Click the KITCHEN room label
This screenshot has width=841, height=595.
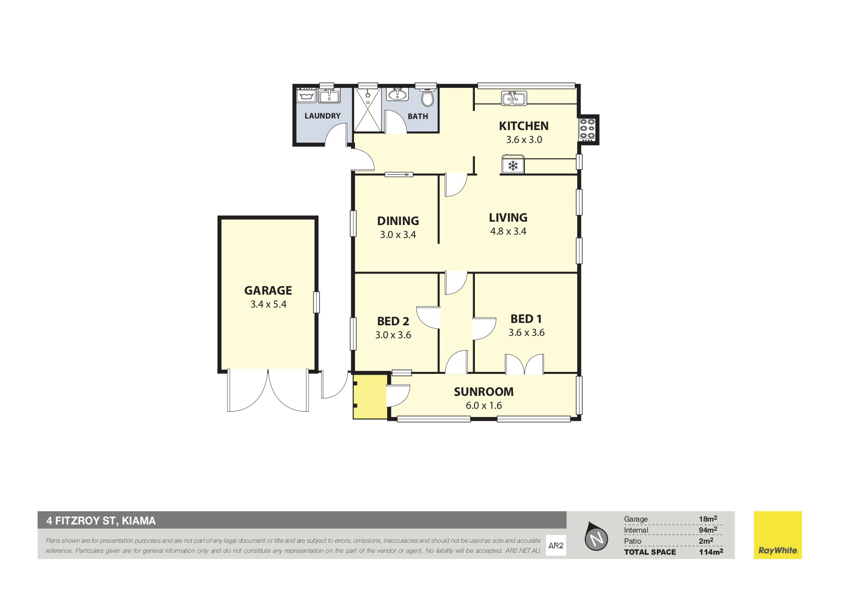pyautogui.click(x=523, y=126)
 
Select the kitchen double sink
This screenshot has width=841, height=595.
pyautogui.click(x=514, y=98)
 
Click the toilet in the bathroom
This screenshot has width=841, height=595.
pyautogui.click(x=427, y=97)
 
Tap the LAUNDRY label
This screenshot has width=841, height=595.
pyautogui.click(x=322, y=116)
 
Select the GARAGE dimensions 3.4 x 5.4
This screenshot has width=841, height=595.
pyautogui.click(x=268, y=304)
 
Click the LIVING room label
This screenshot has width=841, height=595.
pyautogui.click(x=508, y=217)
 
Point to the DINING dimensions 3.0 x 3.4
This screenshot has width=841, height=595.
pyautogui.click(x=398, y=235)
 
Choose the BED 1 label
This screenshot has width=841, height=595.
pyautogui.click(x=526, y=319)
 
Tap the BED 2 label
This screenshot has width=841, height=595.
pyautogui.click(x=393, y=321)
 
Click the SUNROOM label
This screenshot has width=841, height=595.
pyautogui.click(x=484, y=392)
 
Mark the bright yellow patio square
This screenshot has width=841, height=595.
pyautogui.click(x=370, y=396)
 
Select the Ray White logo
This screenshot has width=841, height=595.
pyautogui.click(x=778, y=535)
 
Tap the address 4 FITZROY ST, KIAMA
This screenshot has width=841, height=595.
pyautogui.click(x=101, y=521)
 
